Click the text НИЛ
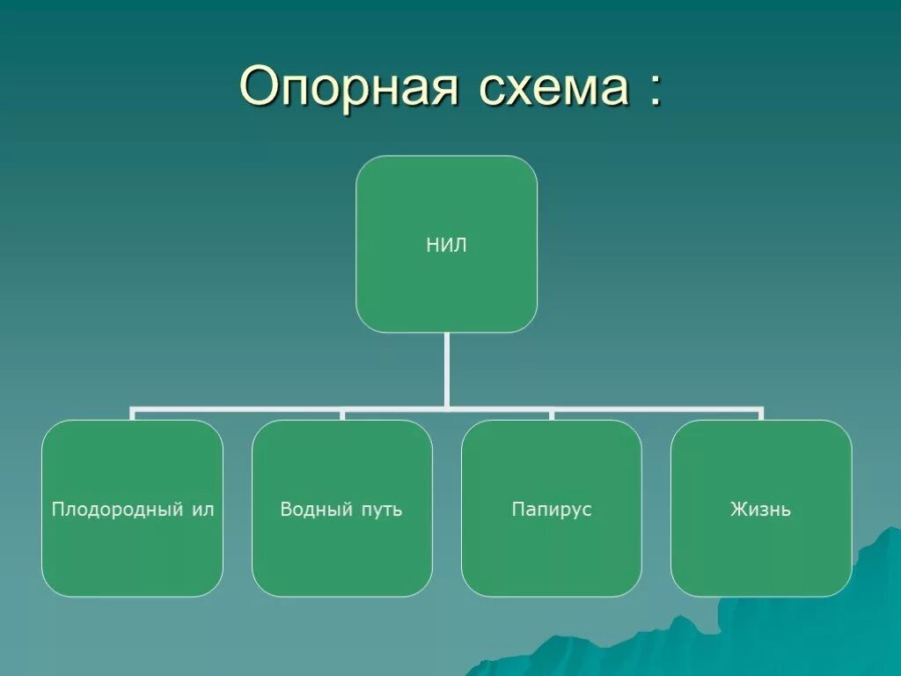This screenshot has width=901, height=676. pyautogui.click(x=446, y=246)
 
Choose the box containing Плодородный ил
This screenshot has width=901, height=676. pyautogui.click(x=132, y=555)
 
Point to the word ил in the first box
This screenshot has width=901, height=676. pyautogui.click(x=203, y=510)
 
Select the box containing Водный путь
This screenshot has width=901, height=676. pyautogui.click(x=341, y=555)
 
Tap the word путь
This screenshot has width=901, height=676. pyautogui.click(x=381, y=511)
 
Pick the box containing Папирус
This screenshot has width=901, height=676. pyautogui.click(x=551, y=555)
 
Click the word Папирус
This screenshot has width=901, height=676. pyautogui.click(x=552, y=510)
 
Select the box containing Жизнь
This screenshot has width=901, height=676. pyautogui.click(x=760, y=555)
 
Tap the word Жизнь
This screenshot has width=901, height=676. pyautogui.click(x=760, y=510)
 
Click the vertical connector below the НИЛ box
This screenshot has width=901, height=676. pyautogui.click(x=447, y=370)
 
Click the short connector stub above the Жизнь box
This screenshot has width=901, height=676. pyautogui.click(x=760, y=415)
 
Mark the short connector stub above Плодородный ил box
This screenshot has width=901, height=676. pyautogui.click(x=132, y=415)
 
